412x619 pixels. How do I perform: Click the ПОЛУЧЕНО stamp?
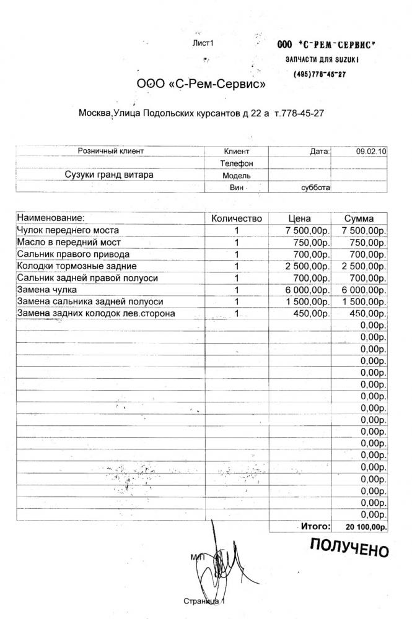pyautogui.click(x=349, y=548)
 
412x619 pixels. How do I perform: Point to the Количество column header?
pyautogui.click(x=237, y=219)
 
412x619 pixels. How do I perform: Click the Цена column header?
pyautogui.click(x=300, y=219)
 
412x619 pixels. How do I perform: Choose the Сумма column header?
pyautogui.click(x=359, y=219)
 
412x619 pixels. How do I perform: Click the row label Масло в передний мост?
pyautogui.click(x=69, y=242)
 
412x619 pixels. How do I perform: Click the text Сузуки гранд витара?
pyautogui.click(x=109, y=175)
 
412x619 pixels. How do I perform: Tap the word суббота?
pyautogui.click(x=315, y=187)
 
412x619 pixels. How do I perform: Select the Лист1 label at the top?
pyautogui.click(x=203, y=43)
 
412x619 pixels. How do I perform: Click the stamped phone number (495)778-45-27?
pyautogui.click(x=319, y=74)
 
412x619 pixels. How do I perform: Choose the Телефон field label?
pyautogui.click(x=237, y=163)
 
